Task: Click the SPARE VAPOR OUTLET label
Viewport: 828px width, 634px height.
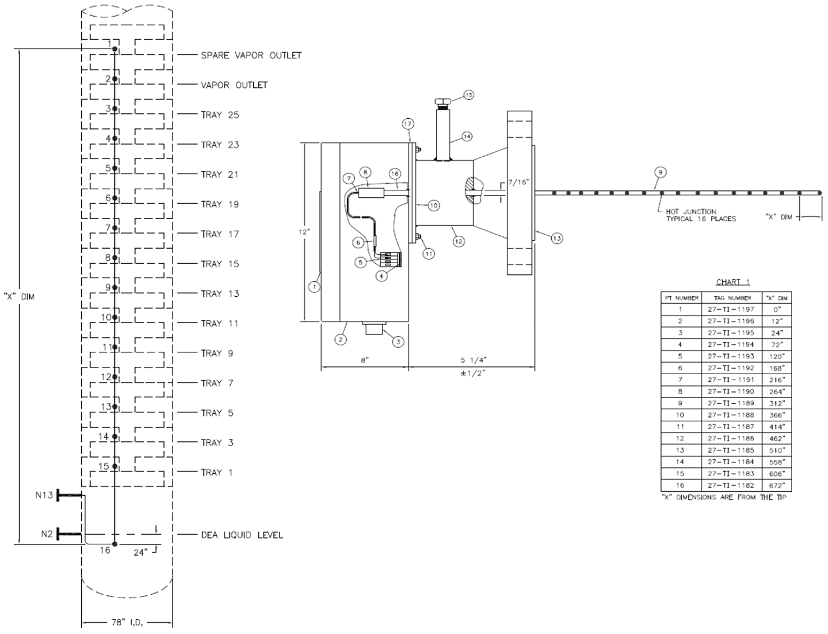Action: coord(251,55)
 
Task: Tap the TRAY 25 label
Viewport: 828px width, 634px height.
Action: coord(220,115)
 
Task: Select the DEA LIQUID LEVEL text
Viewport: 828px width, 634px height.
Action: coord(241,535)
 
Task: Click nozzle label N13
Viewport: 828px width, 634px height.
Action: coord(44,495)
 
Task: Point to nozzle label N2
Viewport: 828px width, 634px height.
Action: coord(47,534)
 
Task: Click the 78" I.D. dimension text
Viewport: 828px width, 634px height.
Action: coord(127,622)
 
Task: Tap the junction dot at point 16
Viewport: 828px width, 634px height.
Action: coord(114,544)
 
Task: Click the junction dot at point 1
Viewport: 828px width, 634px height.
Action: coord(114,50)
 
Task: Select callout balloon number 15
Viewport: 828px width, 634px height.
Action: coord(468,95)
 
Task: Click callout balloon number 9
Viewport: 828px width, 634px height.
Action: coord(660,173)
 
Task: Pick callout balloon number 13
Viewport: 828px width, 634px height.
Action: coord(556,239)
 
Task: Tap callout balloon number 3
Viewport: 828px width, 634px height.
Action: coord(398,341)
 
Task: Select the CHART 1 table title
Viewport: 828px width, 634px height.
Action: coord(733,282)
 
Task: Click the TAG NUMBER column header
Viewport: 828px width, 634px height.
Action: coord(732,298)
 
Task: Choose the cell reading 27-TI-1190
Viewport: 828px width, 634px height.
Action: coord(731,391)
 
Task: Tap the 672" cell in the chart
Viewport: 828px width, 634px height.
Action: coord(776,486)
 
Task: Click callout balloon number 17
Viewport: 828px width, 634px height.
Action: coord(408,124)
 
